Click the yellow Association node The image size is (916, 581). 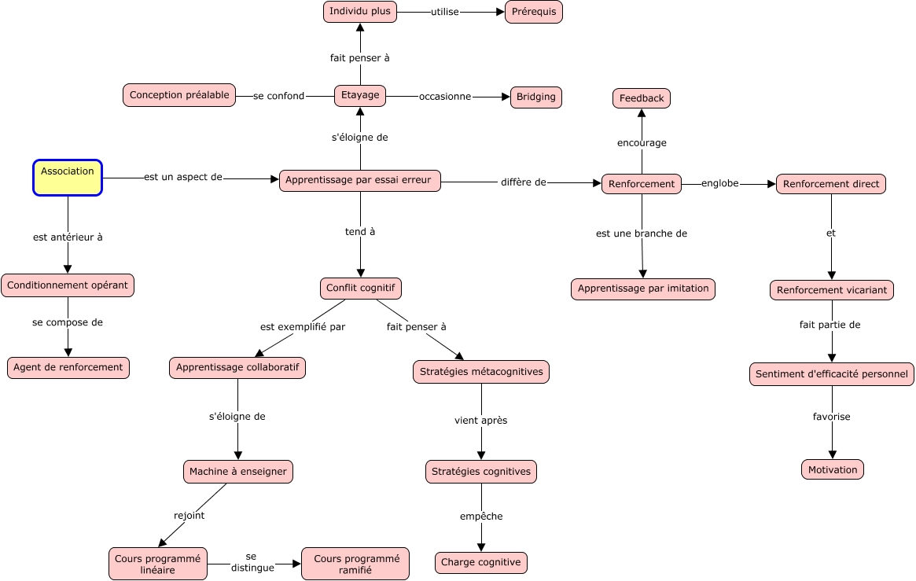pos(68,178)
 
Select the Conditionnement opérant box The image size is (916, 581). pos(68,285)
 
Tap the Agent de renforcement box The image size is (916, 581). pos(68,368)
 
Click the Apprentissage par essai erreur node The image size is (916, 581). pos(360,180)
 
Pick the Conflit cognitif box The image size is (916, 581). pos(360,289)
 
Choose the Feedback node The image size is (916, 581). pos(642,98)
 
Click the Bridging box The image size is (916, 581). pos(536,97)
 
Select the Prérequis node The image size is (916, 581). pos(534,13)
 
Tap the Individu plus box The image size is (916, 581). pos(360,12)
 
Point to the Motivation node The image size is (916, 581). pos(833,469)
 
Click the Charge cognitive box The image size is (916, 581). pos(480,563)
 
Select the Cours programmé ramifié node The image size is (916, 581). pos(355,564)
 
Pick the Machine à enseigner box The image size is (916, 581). pos(237,472)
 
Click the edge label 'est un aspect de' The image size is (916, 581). pos(183,177)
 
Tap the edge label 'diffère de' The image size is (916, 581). pos(524,182)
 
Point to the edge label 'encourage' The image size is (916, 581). pos(642,143)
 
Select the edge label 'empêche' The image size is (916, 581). pos(481,517)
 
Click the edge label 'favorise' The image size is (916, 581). pos(832,417)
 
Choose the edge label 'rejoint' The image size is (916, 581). pos(189,516)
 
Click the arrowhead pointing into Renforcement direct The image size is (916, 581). pos(771,185)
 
